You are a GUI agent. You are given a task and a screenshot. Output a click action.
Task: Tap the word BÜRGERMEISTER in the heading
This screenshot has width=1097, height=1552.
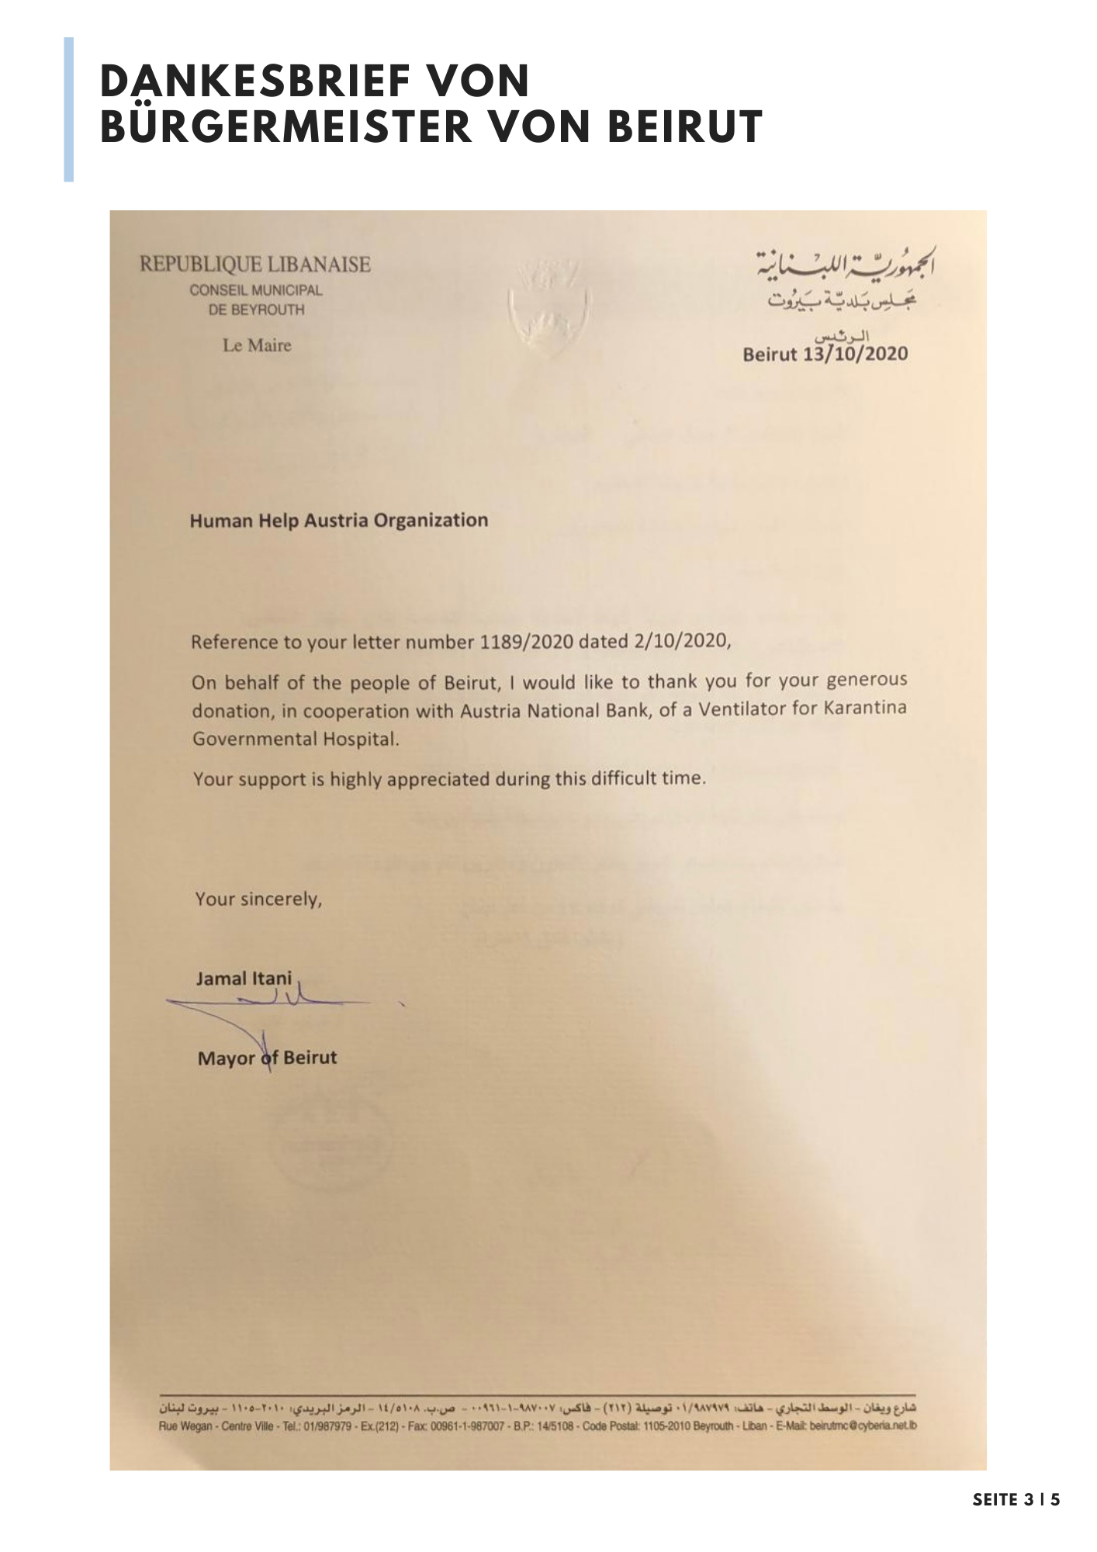[x=286, y=127]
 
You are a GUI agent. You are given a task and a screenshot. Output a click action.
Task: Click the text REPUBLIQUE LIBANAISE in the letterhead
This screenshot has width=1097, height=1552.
[x=255, y=265]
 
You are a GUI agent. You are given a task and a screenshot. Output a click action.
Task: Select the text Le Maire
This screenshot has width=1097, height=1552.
[x=257, y=345]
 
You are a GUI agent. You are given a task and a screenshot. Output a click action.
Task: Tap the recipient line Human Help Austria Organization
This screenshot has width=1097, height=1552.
[x=339, y=520]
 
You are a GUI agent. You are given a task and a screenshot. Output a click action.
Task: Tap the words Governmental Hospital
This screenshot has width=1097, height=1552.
[x=296, y=739]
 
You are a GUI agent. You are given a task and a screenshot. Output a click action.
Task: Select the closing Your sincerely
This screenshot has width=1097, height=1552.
[x=258, y=899]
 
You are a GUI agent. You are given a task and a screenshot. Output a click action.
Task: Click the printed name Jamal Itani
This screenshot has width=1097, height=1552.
[x=244, y=978]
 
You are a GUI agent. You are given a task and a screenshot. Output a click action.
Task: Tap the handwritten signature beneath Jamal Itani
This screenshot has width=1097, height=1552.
[x=264, y=1009]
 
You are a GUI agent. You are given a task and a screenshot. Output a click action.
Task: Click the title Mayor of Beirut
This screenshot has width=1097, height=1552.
[x=268, y=1058]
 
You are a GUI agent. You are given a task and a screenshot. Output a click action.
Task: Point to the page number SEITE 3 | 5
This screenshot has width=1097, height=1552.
[x=1016, y=1499]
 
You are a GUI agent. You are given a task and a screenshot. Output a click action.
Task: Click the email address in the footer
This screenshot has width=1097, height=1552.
[x=863, y=1426]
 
